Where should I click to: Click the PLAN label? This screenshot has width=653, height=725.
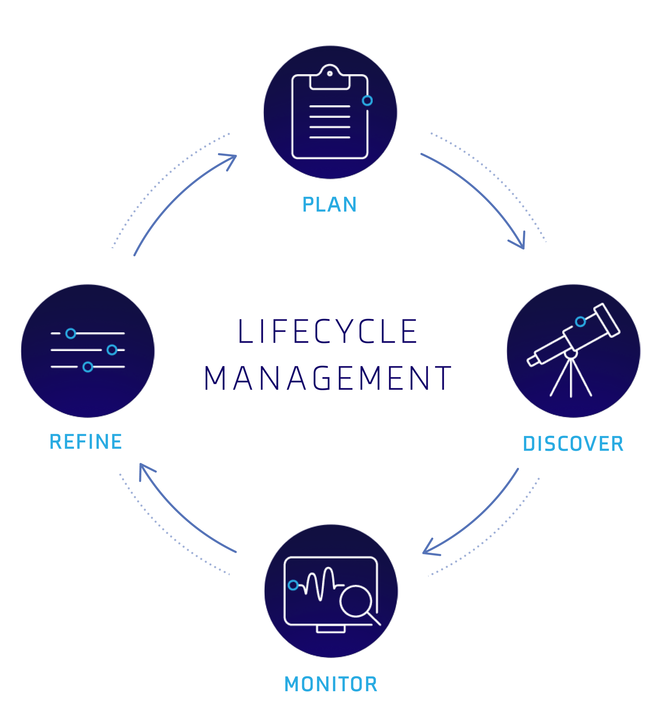pos(329,205)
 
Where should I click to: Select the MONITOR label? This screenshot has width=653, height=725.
pos(330,684)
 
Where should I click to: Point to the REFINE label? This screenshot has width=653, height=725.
pos(86,441)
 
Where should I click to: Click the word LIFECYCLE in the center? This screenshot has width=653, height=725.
pos(327,331)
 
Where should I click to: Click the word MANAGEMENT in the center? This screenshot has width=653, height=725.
pos(327,378)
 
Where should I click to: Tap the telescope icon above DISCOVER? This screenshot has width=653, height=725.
pos(573,350)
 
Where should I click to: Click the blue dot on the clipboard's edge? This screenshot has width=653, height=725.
pos(367,101)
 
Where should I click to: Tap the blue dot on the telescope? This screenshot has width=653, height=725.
pos(580,322)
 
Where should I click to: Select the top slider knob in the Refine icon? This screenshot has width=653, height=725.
pos(71,334)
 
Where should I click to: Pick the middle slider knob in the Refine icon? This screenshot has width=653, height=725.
pos(112,350)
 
